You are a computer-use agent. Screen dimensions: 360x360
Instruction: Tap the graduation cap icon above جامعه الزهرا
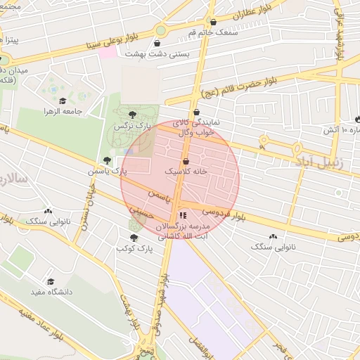pos(63,101)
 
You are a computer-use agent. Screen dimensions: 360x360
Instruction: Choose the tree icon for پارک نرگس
pos(133,115)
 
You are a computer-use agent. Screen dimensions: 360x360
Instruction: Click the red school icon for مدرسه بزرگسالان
pos(183,216)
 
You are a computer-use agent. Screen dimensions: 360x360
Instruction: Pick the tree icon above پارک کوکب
pos(134,238)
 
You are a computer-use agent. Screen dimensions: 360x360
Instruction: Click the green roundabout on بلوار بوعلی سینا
pos(161,30)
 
